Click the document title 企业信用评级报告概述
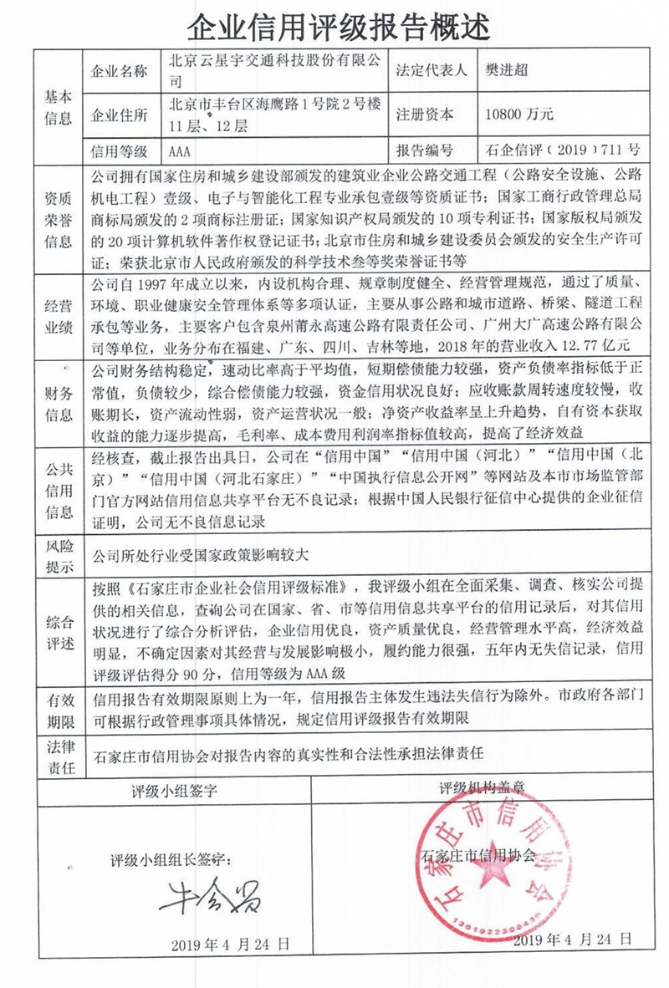tap(335, 27)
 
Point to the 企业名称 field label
tap(118, 71)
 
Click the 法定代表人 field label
tap(435, 70)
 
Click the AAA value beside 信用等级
tap(180, 151)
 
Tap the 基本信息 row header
tap(58, 105)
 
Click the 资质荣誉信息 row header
tap(58, 218)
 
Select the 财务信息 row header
tap(58, 400)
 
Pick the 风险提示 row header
tap(58, 554)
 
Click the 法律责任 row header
tap(58, 754)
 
